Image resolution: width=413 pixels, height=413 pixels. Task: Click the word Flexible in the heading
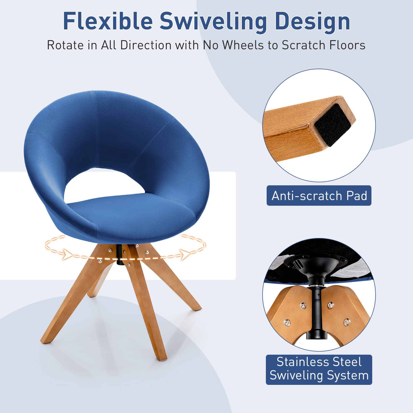tap(108, 21)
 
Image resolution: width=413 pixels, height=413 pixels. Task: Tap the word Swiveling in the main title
tap(213, 22)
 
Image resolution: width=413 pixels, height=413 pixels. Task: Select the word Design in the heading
tap(312, 22)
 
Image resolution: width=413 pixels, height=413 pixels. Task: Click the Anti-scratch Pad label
tap(319, 196)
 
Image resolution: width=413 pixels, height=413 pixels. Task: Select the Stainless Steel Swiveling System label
tap(319, 370)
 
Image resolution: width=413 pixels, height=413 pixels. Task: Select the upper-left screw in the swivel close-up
tap(303, 306)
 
